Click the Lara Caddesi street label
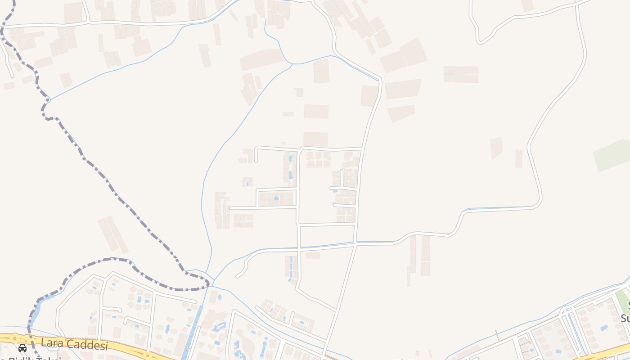(74, 345)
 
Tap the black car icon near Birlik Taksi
(22, 348)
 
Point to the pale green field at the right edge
(612, 155)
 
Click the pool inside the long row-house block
(276, 198)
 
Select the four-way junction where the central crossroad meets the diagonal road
(355, 243)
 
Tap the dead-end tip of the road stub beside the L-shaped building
(256, 160)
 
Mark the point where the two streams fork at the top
(292, 64)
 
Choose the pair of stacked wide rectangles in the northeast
(461, 74)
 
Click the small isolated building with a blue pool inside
(247, 182)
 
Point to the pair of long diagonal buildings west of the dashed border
(113, 234)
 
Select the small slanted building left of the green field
(496, 148)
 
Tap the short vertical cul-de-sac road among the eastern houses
(342, 177)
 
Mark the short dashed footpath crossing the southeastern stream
(496, 336)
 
